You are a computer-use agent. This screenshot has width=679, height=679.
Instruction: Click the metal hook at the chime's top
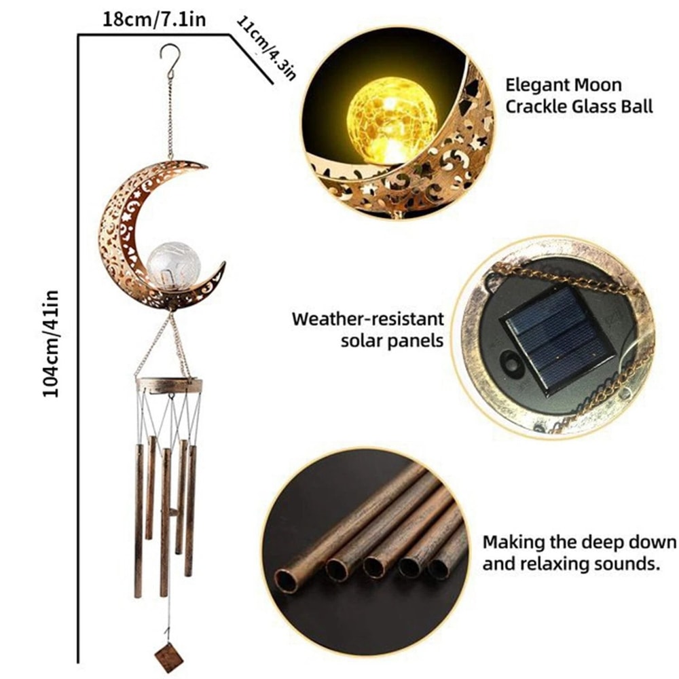click(170, 54)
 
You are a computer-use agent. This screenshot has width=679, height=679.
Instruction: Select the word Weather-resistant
click(368, 318)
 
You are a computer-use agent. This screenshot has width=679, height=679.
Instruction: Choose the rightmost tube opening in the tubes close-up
click(439, 569)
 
